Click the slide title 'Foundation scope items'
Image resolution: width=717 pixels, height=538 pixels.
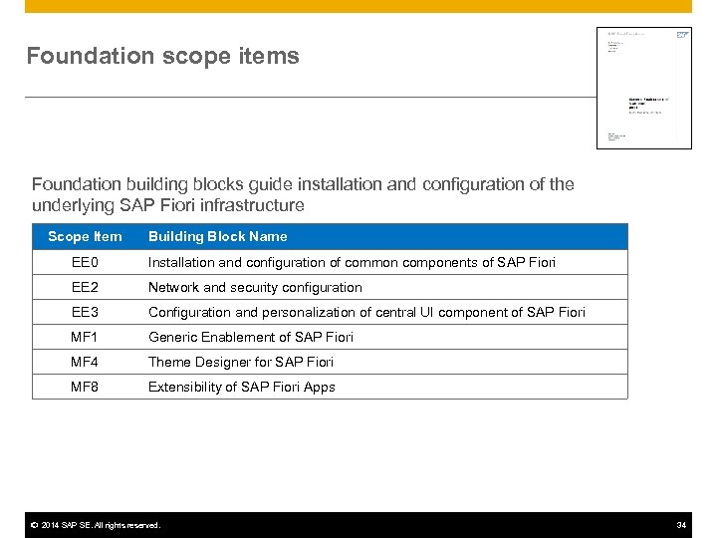tap(162, 56)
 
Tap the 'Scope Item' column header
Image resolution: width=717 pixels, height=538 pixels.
tap(86, 236)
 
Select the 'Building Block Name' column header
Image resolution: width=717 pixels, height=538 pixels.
tap(217, 236)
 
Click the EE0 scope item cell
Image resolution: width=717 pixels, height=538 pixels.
tap(86, 262)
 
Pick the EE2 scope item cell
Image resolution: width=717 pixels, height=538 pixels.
tap(86, 287)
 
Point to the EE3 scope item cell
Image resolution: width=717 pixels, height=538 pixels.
tap(86, 312)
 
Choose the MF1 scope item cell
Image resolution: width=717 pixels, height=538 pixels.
tap(86, 337)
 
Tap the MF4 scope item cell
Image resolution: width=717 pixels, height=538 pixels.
tap(86, 362)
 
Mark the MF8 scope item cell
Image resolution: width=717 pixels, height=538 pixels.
tap(86, 387)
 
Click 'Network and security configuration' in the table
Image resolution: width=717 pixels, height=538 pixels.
tap(255, 287)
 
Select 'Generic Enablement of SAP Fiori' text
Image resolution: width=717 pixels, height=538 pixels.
tap(250, 337)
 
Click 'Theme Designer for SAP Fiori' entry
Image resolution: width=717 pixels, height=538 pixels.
tap(241, 362)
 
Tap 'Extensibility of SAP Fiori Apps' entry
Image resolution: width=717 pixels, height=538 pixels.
tap(242, 387)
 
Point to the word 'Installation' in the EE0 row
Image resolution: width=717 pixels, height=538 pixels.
tap(180, 262)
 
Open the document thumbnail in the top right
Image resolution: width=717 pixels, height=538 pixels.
tap(643, 88)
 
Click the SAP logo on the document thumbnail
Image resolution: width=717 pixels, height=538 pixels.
tap(682, 35)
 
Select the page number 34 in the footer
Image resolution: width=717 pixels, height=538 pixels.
tap(681, 525)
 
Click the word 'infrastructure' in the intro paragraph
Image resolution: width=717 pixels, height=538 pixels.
tap(255, 206)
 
